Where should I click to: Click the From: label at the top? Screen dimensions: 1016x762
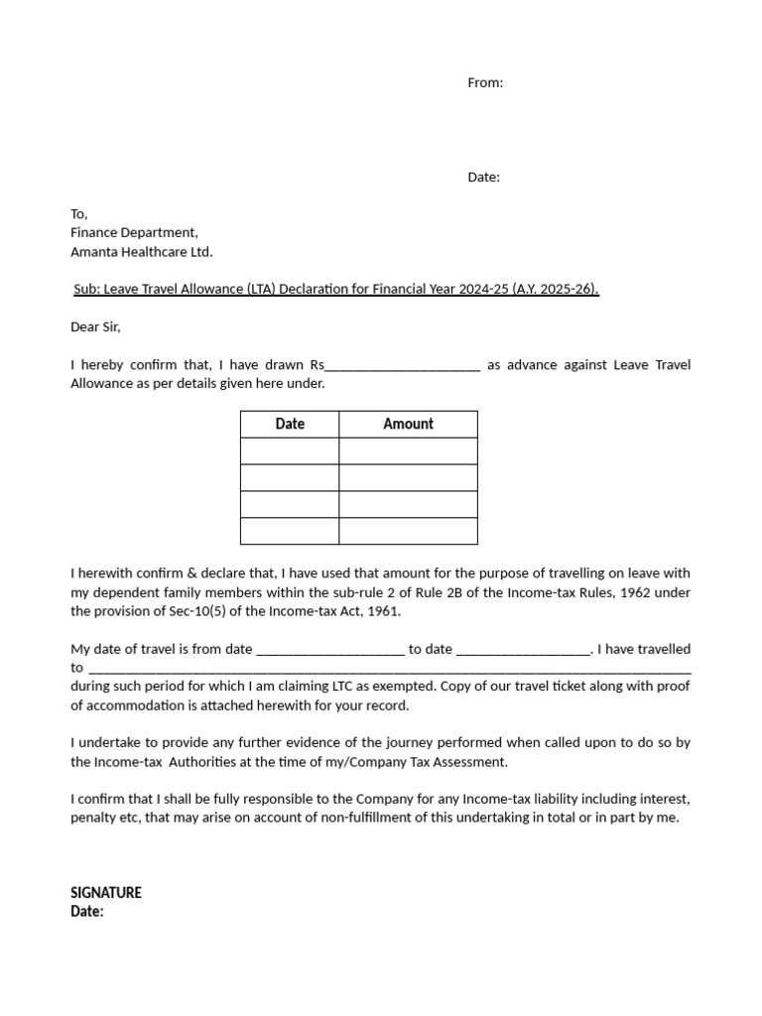(485, 83)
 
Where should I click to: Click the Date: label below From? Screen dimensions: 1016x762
(484, 178)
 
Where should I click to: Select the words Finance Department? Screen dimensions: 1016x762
(134, 232)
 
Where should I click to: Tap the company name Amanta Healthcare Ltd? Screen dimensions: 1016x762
(141, 252)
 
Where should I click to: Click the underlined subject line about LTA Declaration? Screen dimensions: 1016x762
(336, 289)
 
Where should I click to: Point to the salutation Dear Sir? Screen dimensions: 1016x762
(95, 326)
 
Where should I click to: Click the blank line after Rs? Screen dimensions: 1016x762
(403, 366)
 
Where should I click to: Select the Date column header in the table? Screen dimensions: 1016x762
(290, 424)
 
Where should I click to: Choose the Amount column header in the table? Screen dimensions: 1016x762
(408, 424)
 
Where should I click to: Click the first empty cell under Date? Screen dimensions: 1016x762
(290, 451)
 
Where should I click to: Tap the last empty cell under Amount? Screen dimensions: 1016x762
(408, 531)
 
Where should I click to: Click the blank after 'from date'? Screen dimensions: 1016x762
(330, 650)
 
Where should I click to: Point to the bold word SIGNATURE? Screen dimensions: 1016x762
(106, 893)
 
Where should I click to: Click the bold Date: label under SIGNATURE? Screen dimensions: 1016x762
(87, 911)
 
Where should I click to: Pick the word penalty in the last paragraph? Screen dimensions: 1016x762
(93, 819)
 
